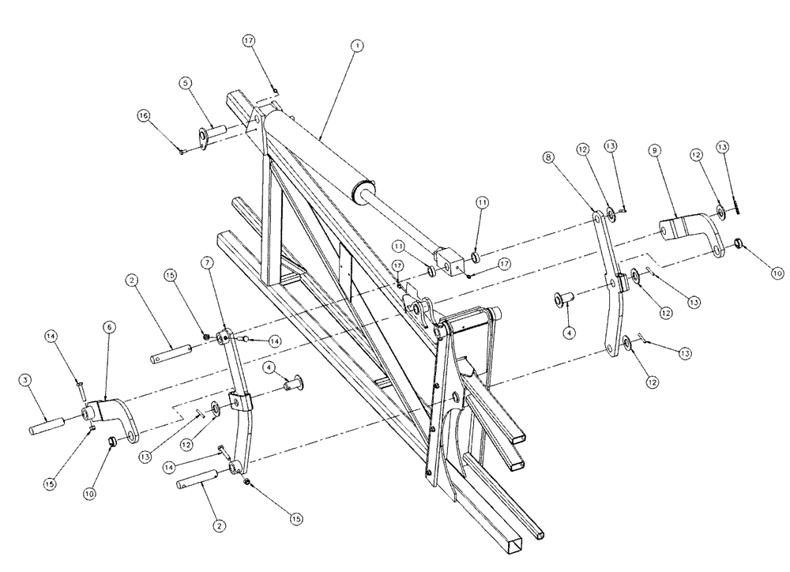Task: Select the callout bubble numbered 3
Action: (x=26, y=382)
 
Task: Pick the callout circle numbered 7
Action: (x=206, y=262)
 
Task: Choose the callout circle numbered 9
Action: (x=654, y=149)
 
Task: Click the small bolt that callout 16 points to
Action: (x=182, y=152)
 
